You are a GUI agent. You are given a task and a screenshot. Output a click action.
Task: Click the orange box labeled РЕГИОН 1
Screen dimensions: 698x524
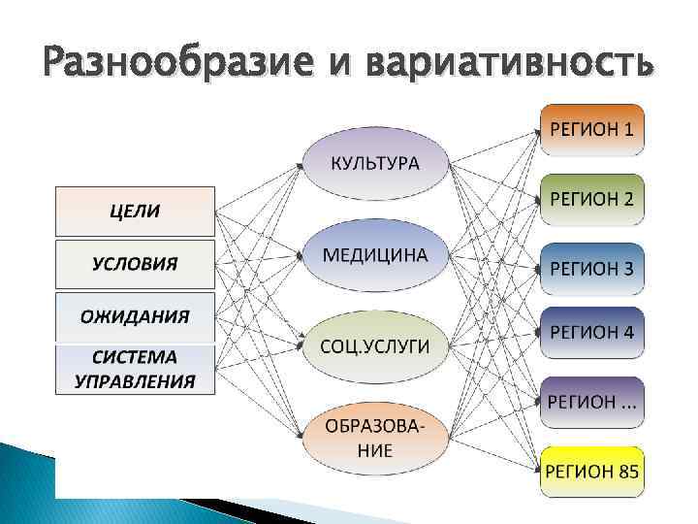pos(592,130)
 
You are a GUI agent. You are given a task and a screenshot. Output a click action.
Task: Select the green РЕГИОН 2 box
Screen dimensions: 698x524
pos(592,199)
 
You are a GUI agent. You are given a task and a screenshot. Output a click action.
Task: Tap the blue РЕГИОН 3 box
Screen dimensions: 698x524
pos(592,267)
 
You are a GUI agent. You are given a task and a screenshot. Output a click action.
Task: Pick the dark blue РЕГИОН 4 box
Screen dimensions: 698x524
pos(592,332)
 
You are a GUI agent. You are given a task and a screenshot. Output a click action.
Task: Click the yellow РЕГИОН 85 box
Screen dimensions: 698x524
pos(592,471)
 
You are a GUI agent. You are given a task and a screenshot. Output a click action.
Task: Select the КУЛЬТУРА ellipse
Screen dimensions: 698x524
pos(376,162)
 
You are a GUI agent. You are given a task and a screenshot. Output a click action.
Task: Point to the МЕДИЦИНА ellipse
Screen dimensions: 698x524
pos(376,255)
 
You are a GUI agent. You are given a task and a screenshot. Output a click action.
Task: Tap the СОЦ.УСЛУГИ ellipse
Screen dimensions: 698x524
pos(376,345)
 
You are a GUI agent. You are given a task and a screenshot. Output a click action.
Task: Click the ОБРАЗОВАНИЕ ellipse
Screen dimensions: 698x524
pos(376,438)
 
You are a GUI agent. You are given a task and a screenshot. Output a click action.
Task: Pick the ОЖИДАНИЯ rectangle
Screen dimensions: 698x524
pos(134,316)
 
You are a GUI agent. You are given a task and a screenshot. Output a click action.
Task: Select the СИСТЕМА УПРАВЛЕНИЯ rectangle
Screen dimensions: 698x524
pos(134,369)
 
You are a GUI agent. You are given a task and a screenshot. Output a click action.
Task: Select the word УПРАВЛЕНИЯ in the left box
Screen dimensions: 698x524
pos(134,380)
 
